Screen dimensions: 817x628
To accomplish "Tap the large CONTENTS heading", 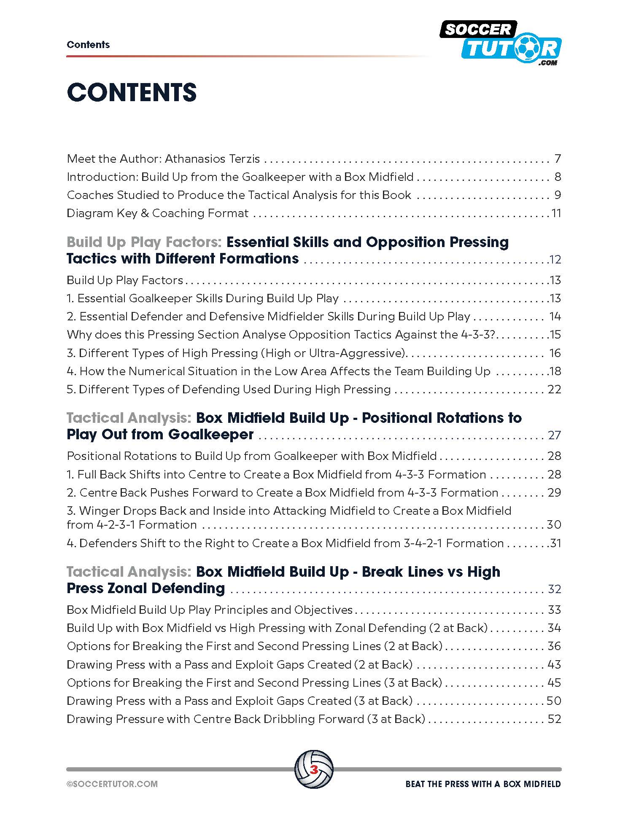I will (x=132, y=92).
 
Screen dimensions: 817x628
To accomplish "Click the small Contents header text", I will (x=88, y=45).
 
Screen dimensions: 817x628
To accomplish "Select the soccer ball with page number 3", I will (x=314, y=769).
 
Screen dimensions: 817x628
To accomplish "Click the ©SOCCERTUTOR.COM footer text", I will (x=112, y=784).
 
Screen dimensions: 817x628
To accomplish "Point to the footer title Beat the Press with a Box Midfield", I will (x=483, y=784).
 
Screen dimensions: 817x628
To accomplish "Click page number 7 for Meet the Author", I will (x=558, y=159).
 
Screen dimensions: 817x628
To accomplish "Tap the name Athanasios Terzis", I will (x=212, y=159).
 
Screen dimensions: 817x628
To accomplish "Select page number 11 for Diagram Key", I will (x=556, y=213).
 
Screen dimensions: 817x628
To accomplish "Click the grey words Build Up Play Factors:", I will (x=144, y=242).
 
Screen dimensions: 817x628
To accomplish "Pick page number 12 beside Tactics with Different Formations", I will (x=555, y=259).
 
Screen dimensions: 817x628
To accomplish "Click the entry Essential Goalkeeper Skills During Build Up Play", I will (x=202, y=298).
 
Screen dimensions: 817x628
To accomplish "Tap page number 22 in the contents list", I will (x=554, y=389).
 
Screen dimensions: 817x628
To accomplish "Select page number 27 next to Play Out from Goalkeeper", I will (x=554, y=435).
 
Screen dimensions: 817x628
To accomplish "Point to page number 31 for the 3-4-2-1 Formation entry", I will (x=555, y=543).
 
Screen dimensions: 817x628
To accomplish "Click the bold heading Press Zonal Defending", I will (x=146, y=589).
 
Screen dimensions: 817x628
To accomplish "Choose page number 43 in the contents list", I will (x=554, y=665).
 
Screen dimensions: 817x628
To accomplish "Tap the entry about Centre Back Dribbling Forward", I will (x=245, y=719).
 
